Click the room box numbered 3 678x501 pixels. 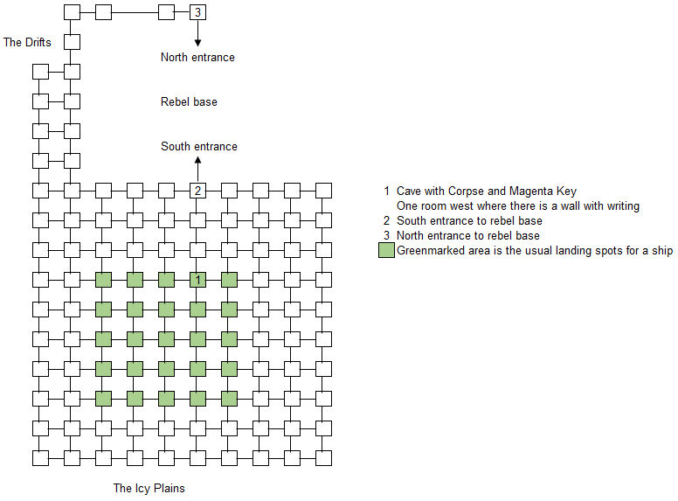point(197,12)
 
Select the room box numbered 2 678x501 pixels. point(197,191)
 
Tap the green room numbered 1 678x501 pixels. point(197,280)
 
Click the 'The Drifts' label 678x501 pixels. point(27,42)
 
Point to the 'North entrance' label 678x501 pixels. point(197,57)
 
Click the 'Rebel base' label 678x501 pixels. point(189,101)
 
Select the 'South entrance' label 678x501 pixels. point(199,146)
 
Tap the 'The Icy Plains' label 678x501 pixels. point(149,489)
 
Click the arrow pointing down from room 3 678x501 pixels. point(197,33)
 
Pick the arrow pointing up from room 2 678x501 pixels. point(197,169)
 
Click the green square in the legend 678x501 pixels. point(386,250)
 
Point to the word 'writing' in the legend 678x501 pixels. point(623,206)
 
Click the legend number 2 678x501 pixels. point(386,220)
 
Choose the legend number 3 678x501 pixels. point(386,235)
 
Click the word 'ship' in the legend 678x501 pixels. point(662,251)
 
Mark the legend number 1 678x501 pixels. point(386,191)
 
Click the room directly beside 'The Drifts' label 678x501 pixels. point(72,42)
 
